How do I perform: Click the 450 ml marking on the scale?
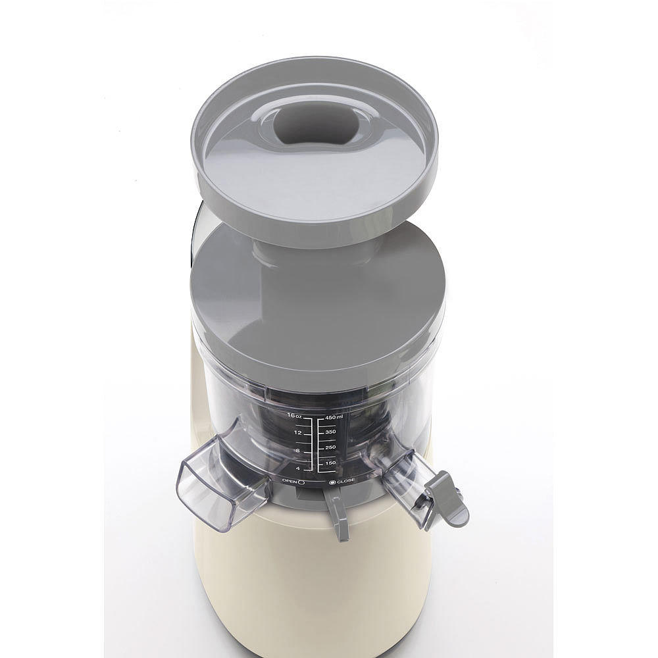click(x=334, y=417)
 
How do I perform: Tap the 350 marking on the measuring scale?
click(x=330, y=432)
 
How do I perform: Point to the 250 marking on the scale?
click(x=330, y=447)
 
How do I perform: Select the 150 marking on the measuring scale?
click(x=330, y=463)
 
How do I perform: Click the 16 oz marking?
click(x=295, y=415)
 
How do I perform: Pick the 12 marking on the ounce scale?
click(x=298, y=433)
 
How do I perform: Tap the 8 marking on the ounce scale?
click(x=297, y=451)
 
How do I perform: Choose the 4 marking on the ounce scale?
click(x=298, y=468)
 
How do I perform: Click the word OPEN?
click(x=290, y=481)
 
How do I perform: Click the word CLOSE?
click(x=345, y=481)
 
